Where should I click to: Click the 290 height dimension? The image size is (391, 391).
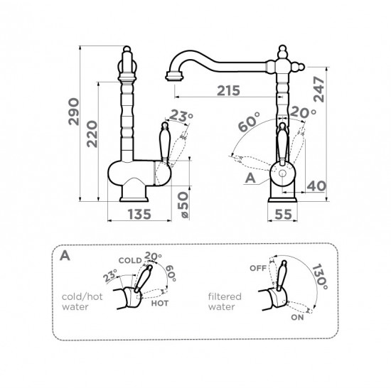tap(74, 112)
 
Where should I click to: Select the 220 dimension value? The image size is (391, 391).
tap(92, 134)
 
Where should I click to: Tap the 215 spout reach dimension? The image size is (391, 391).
tap(228, 90)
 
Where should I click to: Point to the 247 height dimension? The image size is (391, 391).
tap(319, 90)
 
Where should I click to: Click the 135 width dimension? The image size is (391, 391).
tap(139, 214)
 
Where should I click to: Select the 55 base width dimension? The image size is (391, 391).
tap(283, 214)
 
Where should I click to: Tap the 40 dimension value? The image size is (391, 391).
tap(316, 186)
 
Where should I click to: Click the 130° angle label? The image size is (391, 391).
tap(320, 277)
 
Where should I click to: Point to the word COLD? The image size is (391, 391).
tap(130, 261)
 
